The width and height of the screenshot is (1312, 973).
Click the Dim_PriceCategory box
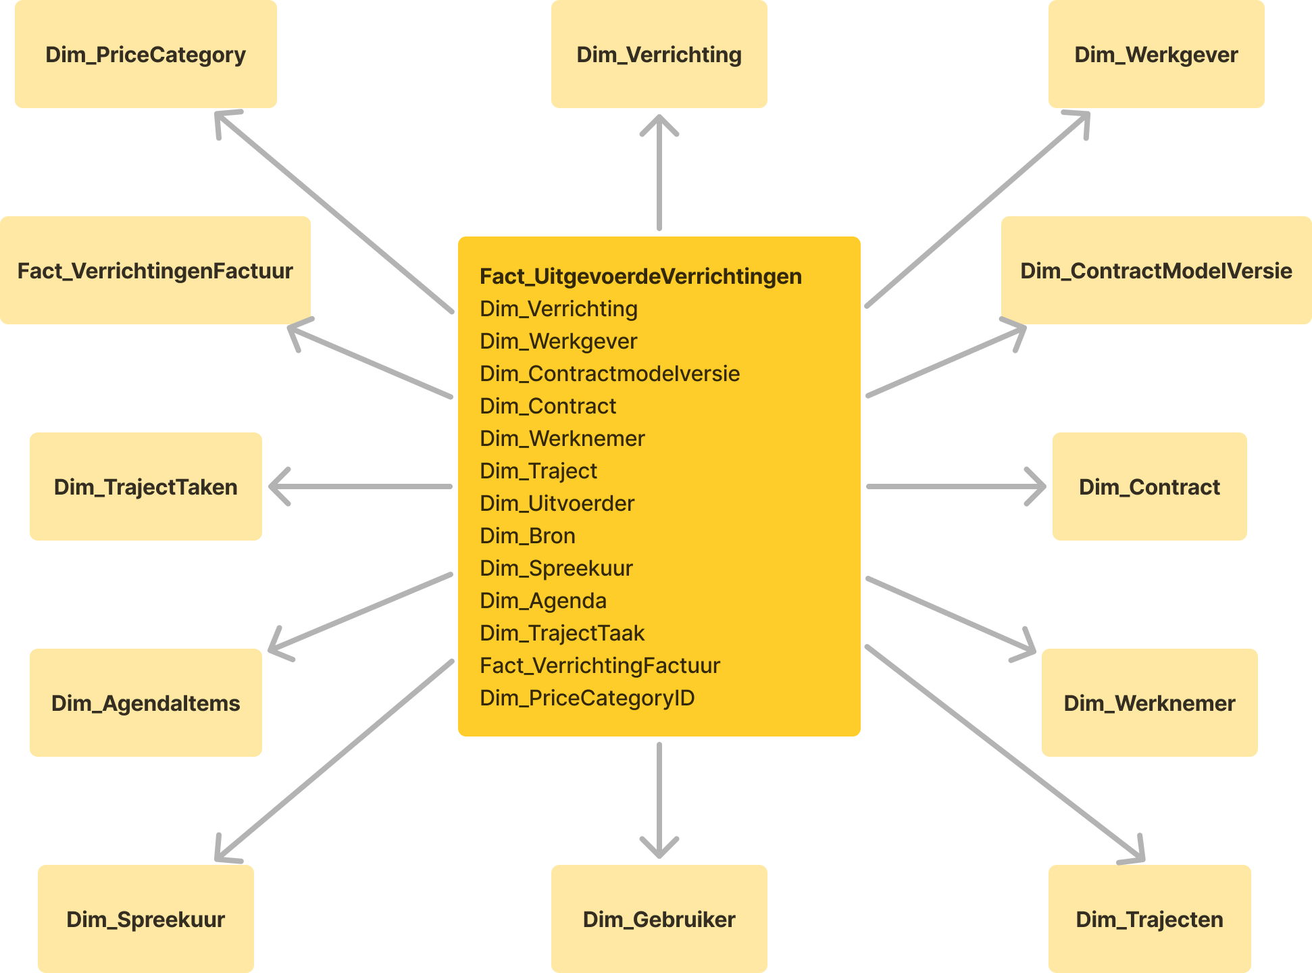(146, 54)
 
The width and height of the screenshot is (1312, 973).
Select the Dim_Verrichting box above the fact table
(659, 54)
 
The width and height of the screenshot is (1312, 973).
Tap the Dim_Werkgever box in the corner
(1156, 54)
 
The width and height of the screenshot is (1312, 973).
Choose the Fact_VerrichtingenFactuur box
(155, 270)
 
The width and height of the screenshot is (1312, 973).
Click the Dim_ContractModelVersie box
(1156, 270)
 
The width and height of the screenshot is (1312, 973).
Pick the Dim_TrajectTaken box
(146, 487)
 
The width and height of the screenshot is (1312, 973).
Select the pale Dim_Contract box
(1149, 487)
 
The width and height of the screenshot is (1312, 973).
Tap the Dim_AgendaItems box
(146, 703)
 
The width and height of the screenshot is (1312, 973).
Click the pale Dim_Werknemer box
(1149, 703)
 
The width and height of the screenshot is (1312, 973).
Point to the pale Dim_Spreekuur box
(146, 919)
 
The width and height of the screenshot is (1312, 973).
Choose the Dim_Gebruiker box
(659, 919)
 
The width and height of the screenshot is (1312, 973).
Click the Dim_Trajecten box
(1149, 919)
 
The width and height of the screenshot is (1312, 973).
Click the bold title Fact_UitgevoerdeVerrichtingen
(640, 276)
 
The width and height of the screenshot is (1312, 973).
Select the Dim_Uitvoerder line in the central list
(557, 503)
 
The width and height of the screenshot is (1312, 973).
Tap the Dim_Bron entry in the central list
(528, 536)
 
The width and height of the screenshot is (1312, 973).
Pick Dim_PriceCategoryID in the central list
(587, 698)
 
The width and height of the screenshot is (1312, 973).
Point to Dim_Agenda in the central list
(543, 601)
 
